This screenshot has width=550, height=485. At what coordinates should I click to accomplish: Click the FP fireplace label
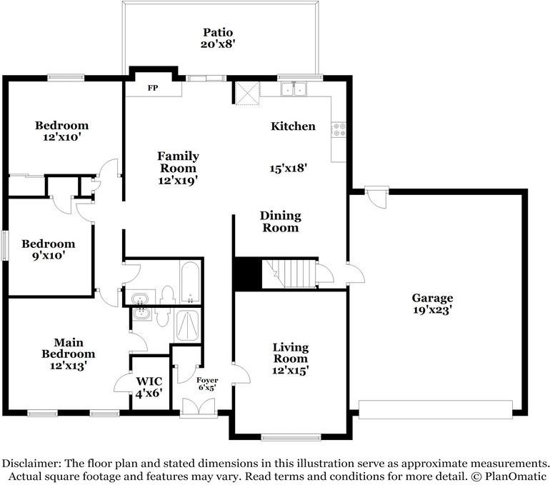[x=153, y=88]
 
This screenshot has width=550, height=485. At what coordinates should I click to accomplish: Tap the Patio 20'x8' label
[x=217, y=39]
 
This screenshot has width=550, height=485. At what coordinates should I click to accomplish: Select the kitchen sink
[x=294, y=89]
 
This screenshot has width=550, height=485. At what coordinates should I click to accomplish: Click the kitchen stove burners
[x=339, y=129]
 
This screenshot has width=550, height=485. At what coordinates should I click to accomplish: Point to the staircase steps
[x=290, y=274]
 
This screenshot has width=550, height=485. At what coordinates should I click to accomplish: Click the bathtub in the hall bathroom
[x=190, y=282]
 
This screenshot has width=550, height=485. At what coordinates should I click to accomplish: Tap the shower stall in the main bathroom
[x=187, y=326]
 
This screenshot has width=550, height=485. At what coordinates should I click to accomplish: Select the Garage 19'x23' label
[x=432, y=304]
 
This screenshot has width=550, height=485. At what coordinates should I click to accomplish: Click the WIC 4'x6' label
[x=149, y=387]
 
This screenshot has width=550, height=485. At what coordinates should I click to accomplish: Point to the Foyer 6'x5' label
[x=207, y=384]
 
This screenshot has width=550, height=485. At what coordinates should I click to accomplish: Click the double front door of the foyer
[x=199, y=408]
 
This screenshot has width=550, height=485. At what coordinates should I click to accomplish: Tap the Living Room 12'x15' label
[x=291, y=359]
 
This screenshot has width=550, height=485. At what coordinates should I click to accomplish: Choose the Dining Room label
[x=280, y=221]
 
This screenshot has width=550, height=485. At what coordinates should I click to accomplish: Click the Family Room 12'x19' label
[x=178, y=168]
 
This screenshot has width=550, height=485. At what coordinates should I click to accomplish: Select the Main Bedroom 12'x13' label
[x=69, y=354]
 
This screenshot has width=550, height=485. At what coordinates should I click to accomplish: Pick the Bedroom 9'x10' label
[x=49, y=249]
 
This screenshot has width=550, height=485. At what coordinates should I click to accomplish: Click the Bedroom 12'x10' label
[x=61, y=131]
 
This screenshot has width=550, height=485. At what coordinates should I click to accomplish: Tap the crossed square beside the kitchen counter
[x=247, y=94]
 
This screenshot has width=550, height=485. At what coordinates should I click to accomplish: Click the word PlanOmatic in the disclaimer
[x=516, y=476]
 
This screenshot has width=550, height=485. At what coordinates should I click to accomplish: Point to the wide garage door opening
[x=436, y=409]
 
